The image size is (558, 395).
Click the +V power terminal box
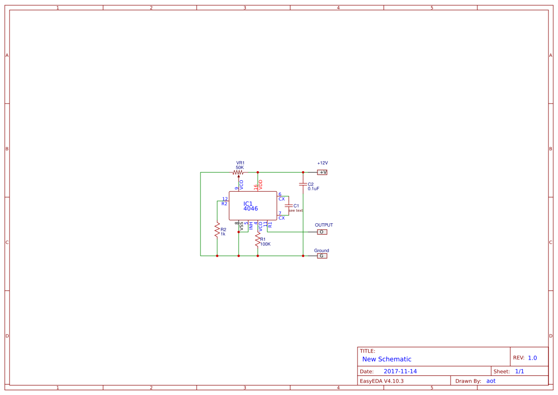322,172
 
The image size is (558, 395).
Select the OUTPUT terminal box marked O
322,232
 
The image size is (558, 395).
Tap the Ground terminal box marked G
322,256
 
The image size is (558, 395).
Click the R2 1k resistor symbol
217,230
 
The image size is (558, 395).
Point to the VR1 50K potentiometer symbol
238,172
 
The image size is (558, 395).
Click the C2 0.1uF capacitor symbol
303,184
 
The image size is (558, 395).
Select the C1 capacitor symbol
288,206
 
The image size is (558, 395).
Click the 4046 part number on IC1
251,208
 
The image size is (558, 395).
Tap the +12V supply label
323,163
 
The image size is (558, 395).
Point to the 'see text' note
295,210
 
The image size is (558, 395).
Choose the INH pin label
251,226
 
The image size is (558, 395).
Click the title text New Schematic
387,359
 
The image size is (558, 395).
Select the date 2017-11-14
400,371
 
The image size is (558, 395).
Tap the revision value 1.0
532,358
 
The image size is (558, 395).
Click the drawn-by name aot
491,381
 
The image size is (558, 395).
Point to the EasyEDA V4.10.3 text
381,381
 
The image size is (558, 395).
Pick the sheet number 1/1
519,371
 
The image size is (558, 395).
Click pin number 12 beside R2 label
225,199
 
